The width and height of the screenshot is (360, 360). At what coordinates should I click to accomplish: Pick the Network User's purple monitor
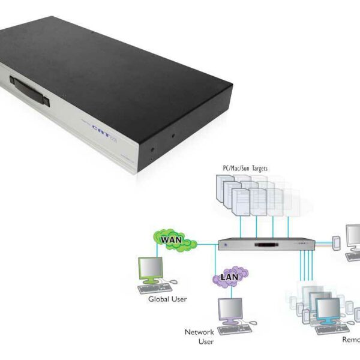point(230,309)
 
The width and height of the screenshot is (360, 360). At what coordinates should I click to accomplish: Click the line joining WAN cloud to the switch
point(207,244)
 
